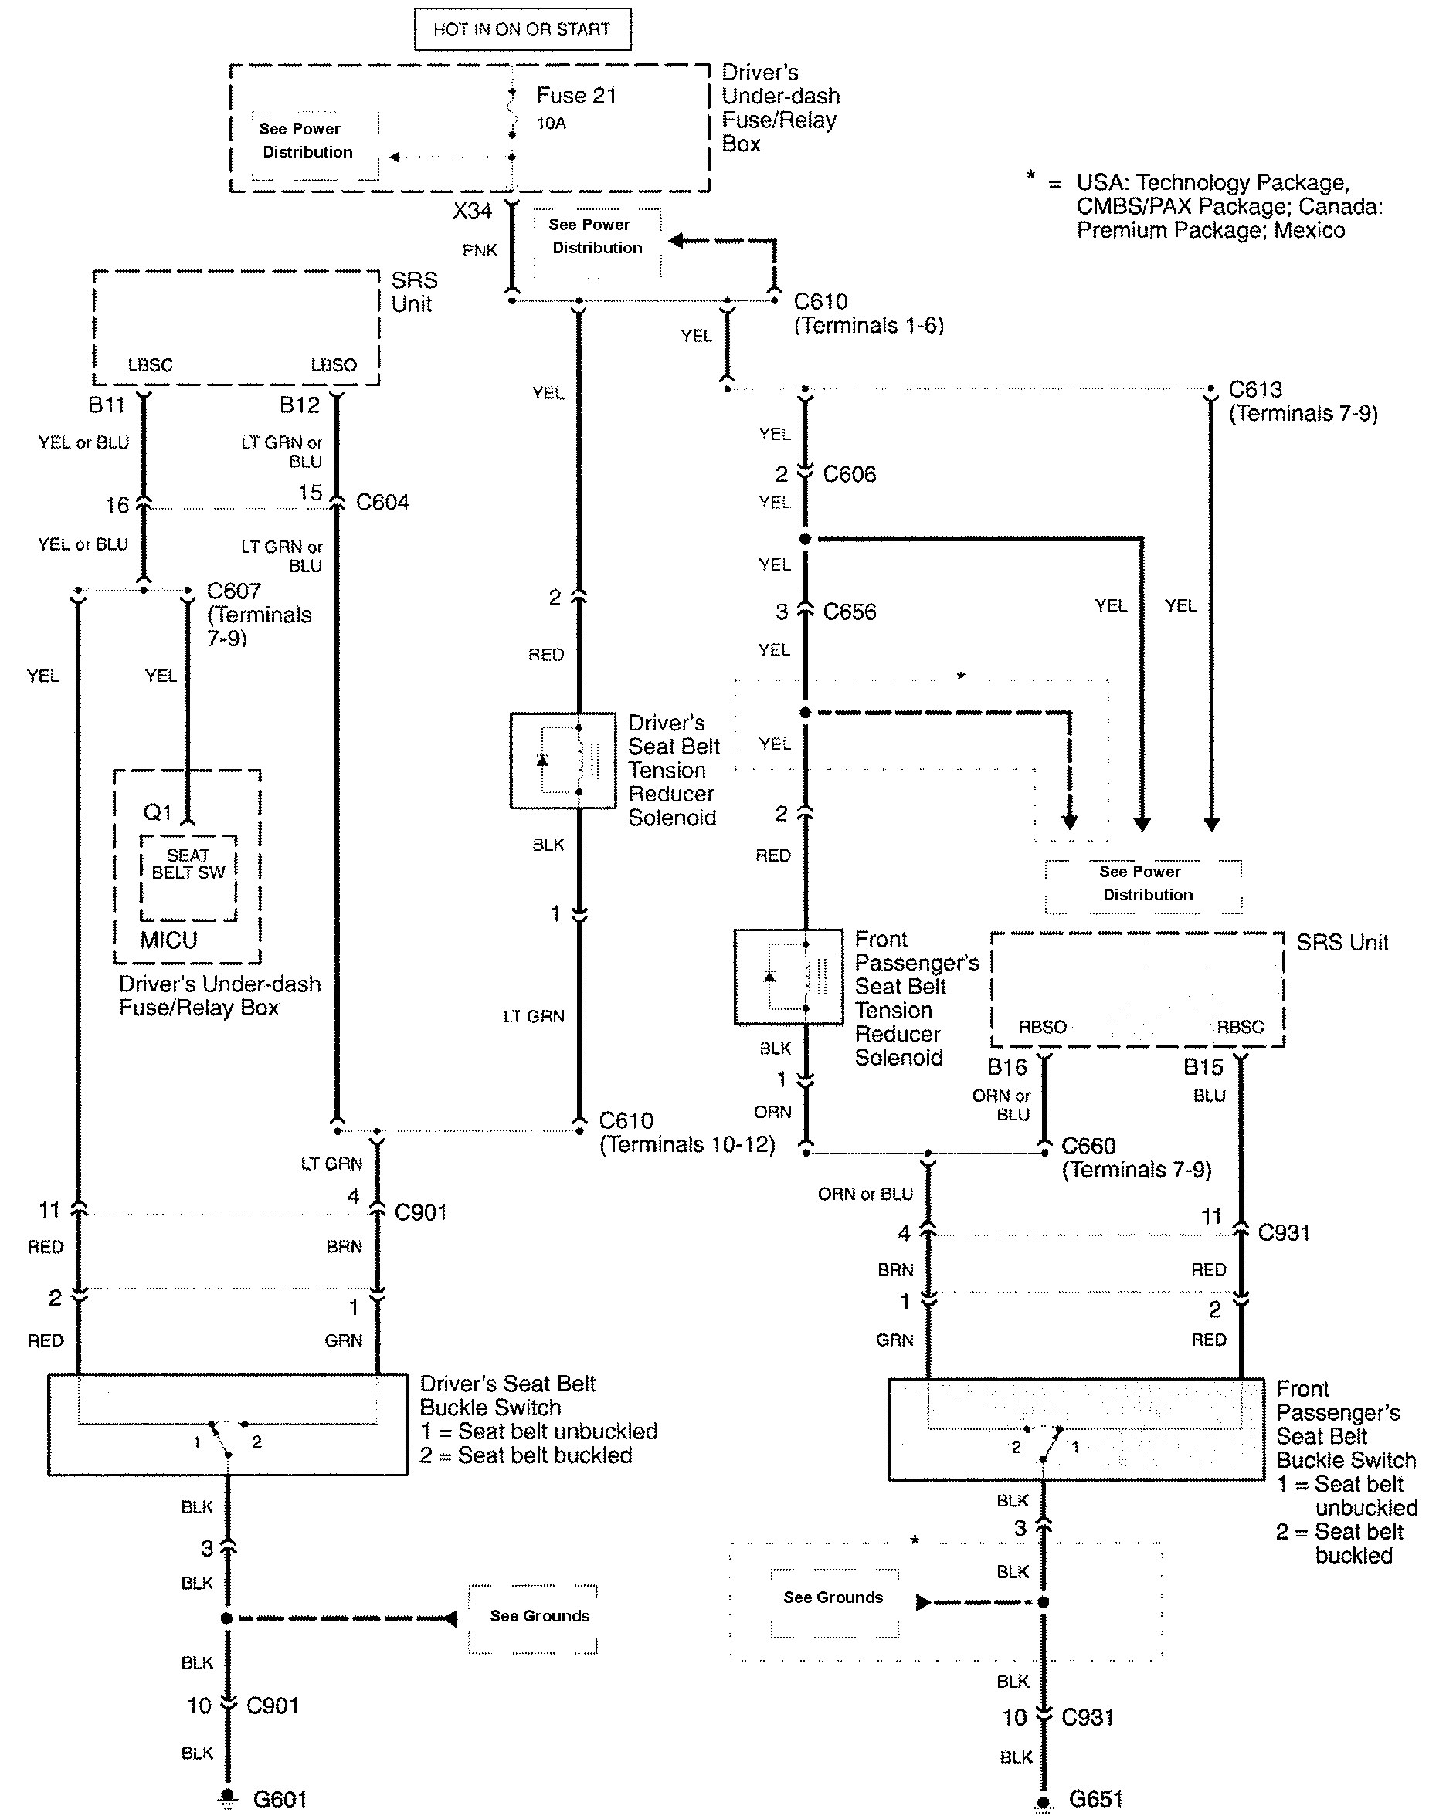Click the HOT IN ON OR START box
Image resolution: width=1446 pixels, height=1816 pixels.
click(x=521, y=29)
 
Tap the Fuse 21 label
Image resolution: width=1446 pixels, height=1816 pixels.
click(x=576, y=96)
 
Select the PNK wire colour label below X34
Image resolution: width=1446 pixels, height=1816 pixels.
click(x=480, y=250)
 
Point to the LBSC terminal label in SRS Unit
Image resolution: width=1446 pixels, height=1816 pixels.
click(x=150, y=364)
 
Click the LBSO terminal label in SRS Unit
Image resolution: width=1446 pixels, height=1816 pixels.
click(x=334, y=364)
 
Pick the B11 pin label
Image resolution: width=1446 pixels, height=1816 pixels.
click(x=107, y=405)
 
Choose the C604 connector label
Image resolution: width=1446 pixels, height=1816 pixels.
click(x=382, y=502)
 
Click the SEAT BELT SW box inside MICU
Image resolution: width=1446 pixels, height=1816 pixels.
click(x=188, y=877)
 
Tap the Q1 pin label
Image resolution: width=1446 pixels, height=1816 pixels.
click(x=158, y=812)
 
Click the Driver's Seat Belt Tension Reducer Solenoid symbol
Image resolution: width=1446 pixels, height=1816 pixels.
click(x=563, y=761)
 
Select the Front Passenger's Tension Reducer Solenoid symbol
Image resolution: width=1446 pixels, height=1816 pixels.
click(x=788, y=977)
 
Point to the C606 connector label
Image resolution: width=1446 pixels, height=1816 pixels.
click(x=850, y=474)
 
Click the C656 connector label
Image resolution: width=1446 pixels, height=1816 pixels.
click(x=850, y=612)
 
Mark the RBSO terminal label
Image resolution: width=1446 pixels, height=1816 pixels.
click(x=1042, y=1027)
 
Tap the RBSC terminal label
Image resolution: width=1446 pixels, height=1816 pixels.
click(x=1241, y=1027)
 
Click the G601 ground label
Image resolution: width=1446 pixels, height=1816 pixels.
click(x=280, y=1799)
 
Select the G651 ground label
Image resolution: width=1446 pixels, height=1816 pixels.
click(x=1095, y=1799)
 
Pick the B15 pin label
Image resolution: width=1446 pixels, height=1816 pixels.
click(x=1203, y=1067)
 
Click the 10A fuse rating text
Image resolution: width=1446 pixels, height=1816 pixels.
click(x=551, y=124)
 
